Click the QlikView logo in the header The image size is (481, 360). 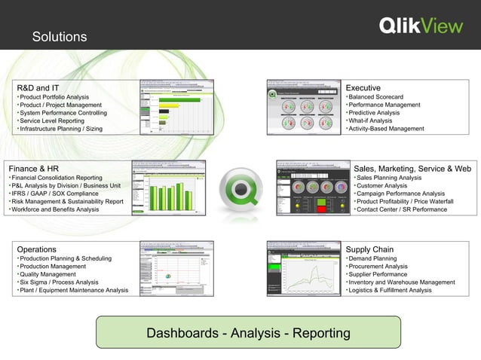[x=420, y=26]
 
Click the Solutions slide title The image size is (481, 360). [x=60, y=37]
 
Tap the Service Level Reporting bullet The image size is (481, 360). [x=52, y=121]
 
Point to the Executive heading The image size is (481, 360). [x=363, y=87]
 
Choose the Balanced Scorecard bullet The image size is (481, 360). [x=376, y=97]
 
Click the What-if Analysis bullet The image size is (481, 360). [x=370, y=121]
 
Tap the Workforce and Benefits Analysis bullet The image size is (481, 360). [x=55, y=209]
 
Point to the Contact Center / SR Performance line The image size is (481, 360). [x=401, y=209]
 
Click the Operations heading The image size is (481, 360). [x=36, y=249]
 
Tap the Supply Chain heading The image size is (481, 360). [x=369, y=249]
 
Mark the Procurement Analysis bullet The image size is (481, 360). [x=380, y=266]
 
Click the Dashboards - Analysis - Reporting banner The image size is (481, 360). [x=248, y=333]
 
